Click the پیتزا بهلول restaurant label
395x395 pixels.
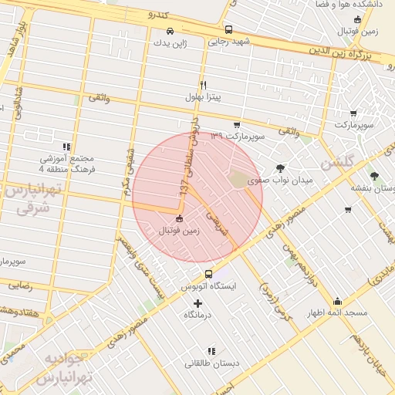pyautogui.click(x=203, y=97)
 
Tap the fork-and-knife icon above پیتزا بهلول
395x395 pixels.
pyautogui.click(x=203, y=85)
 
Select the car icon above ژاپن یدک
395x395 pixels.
pyautogui.click(x=170, y=32)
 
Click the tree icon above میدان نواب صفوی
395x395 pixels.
pyautogui.click(x=279, y=167)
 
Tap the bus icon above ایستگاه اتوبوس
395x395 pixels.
pyautogui.click(x=208, y=274)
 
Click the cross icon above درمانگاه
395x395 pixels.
pyautogui.click(x=198, y=303)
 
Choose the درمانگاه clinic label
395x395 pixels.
pyautogui.click(x=198, y=316)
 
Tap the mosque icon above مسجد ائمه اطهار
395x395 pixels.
pyautogui.click(x=337, y=302)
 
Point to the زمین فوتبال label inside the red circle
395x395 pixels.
pyautogui.click(x=179, y=230)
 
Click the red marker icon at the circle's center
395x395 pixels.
pyautogui.click(x=180, y=218)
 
